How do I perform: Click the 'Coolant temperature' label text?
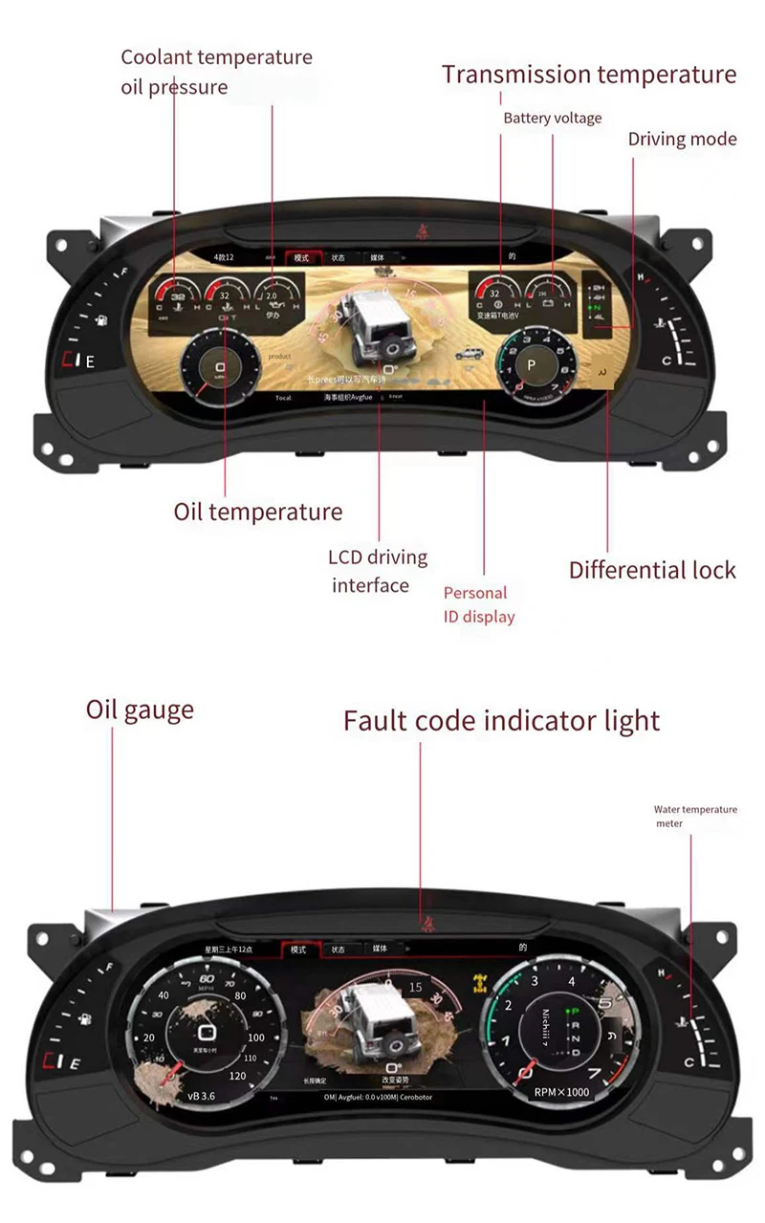(216, 57)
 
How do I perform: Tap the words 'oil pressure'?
(174, 87)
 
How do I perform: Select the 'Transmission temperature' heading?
(589, 75)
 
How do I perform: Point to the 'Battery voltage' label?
(553, 119)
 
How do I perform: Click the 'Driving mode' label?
(682, 140)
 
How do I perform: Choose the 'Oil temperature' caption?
(257, 512)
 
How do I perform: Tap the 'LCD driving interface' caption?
(378, 571)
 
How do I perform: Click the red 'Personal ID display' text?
(478, 604)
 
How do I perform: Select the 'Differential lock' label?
(652, 571)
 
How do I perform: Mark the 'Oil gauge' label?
(140, 710)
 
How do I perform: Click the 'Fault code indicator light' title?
(501, 720)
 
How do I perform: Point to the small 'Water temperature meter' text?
(695, 816)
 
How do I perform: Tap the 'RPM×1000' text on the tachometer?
(561, 1092)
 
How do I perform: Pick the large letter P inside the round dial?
(531, 366)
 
